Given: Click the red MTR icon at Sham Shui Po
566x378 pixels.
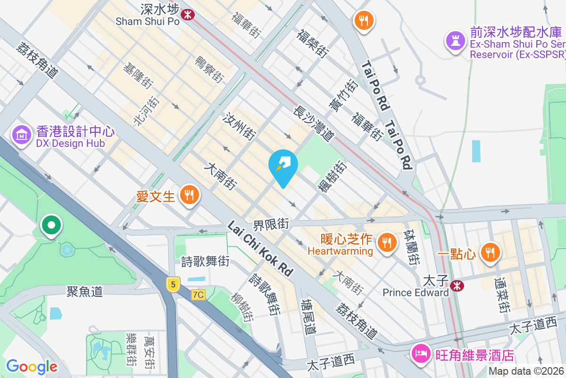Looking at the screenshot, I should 188,15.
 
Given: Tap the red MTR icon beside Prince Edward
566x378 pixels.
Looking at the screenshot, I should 456,285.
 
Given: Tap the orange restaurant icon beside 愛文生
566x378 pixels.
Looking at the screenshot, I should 190,195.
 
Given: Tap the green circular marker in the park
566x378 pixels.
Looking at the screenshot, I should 51,225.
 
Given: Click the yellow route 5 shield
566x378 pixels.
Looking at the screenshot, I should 174,284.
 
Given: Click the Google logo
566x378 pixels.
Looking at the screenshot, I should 32,366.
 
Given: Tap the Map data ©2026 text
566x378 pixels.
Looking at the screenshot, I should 526,371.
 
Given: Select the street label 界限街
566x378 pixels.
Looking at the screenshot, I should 271,223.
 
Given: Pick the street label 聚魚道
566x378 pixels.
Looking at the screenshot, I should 85,292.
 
